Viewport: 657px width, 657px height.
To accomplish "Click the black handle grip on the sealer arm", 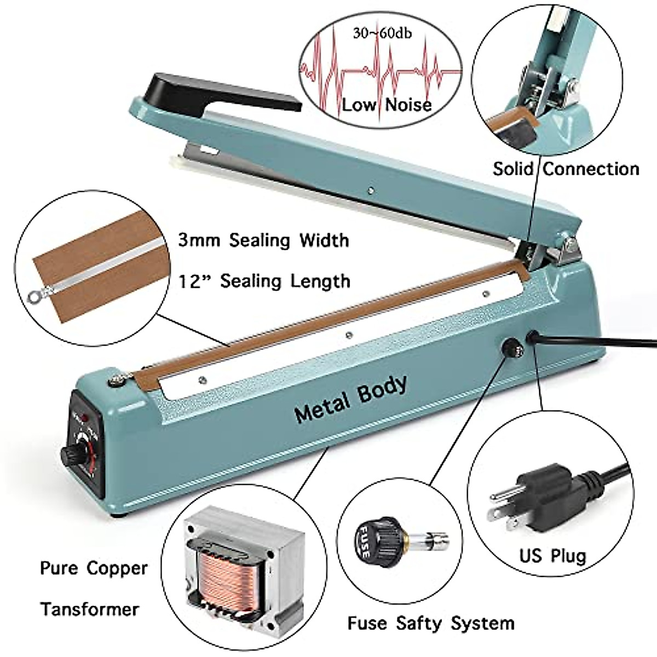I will click(x=219, y=93).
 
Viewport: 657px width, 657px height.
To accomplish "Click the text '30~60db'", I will click(x=382, y=33).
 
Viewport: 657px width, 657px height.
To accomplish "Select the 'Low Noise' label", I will click(x=387, y=104).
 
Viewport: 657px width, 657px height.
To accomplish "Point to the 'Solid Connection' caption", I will click(x=566, y=169).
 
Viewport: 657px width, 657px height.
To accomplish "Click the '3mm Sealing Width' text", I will click(x=263, y=240).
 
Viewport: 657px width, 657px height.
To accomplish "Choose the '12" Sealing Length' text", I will click(x=264, y=281).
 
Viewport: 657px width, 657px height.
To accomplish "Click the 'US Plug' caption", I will click(x=552, y=556).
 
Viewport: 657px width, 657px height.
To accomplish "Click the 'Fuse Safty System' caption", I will click(x=431, y=623).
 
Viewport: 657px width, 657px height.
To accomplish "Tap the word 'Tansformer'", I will click(x=89, y=609).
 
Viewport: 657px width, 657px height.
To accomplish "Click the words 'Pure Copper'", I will click(x=94, y=568).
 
